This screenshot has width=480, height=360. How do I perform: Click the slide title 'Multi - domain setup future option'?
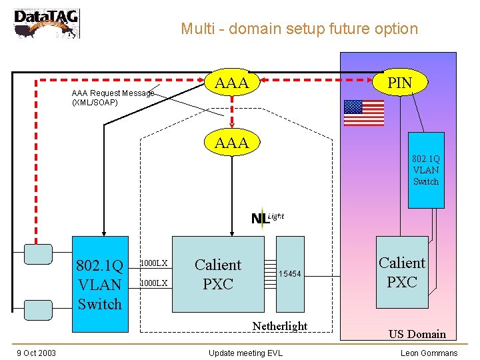pos(299,29)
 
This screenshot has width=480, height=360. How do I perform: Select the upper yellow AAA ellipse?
pos(232,83)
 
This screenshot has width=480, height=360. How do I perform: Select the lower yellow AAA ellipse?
pos(232,142)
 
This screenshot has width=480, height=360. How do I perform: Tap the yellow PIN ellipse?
pos(400,83)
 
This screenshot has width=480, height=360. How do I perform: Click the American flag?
pos(363,113)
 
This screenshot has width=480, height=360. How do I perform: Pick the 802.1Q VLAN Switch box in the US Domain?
pos(425,170)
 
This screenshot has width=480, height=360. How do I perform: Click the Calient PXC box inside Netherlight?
pos(218,274)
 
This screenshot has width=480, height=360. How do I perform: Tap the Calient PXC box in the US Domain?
pos(402,272)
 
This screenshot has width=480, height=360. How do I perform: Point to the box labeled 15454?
pos(290,274)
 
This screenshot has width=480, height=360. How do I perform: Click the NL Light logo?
pos(267,217)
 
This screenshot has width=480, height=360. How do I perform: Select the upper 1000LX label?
pos(153,263)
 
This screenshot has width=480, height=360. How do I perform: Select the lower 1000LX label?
pos(153,283)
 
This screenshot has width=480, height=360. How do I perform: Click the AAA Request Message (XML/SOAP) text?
pos(112,98)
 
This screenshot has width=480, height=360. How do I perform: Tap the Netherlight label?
pos(279,326)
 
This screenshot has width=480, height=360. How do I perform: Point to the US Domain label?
pos(417,334)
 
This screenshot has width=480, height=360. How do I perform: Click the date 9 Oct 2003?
pos(37,353)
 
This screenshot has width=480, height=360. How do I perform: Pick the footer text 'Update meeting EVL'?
pos(245,353)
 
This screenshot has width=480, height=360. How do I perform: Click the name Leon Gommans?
pos(429,353)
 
